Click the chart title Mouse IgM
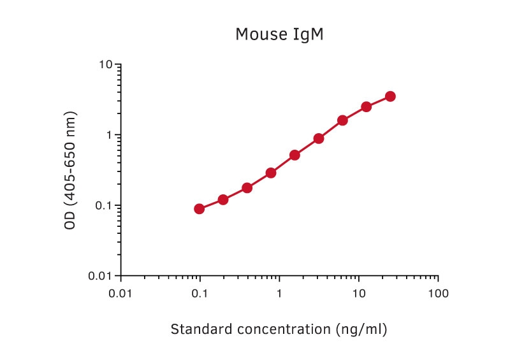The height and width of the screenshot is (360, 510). click(279, 34)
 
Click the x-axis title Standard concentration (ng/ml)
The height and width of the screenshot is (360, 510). click(279, 329)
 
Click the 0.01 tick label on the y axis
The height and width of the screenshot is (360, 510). click(101, 277)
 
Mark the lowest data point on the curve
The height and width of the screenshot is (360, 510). click(200, 209)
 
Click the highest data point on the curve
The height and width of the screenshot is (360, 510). click(390, 96)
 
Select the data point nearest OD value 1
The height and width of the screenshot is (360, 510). click(319, 138)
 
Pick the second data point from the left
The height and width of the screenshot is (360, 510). click(223, 199)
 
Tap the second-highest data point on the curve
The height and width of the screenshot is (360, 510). click(367, 106)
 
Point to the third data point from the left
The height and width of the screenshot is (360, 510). click(247, 188)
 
